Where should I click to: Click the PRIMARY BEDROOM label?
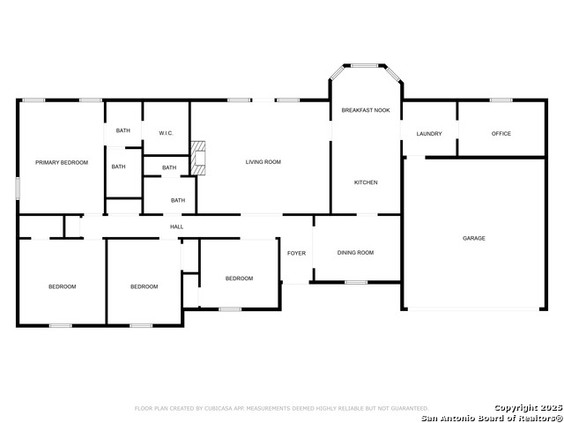click(x=62, y=162)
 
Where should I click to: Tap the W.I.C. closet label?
click(x=166, y=133)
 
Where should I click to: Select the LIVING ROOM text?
click(x=263, y=162)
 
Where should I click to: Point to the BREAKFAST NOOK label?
click(x=366, y=110)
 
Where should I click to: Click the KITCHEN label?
click(x=366, y=182)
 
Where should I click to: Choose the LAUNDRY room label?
click(x=429, y=134)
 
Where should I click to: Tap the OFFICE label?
click(x=501, y=133)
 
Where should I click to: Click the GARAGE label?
click(x=474, y=238)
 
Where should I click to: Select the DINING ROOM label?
click(x=355, y=253)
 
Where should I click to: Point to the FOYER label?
click(x=296, y=253)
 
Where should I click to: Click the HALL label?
click(x=176, y=226)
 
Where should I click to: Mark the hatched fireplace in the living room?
click(x=197, y=159)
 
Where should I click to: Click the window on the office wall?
click(x=501, y=100)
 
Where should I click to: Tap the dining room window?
click(x=356, y=282)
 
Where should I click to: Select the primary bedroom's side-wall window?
click(x=18, y=189)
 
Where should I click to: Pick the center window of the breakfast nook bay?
click(x=364, y=65)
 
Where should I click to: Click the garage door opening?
click(x=473, y=308)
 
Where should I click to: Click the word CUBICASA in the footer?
click(x=219, y=408)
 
